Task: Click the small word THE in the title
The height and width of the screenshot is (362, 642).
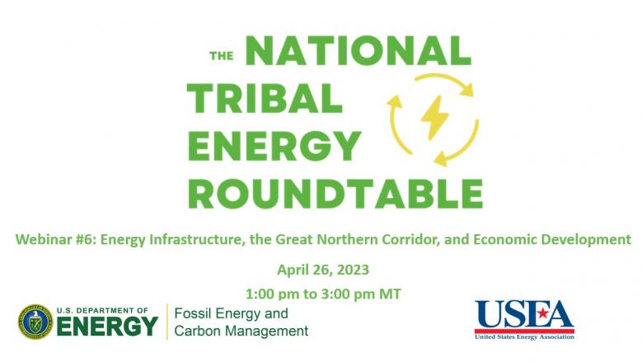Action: pos(222,56)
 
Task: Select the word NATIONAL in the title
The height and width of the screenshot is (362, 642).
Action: pos(358,51)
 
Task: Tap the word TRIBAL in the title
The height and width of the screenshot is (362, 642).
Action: pos(265,98)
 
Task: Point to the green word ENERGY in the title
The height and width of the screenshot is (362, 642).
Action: pos(274,145)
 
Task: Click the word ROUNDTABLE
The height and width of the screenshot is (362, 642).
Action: pos(335,194)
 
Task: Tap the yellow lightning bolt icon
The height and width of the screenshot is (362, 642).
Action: pos(434,117)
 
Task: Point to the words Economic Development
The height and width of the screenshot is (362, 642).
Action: pos(552,239)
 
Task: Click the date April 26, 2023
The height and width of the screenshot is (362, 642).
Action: pos(323,270)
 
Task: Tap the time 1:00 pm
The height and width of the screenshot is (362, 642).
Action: pos(272,294)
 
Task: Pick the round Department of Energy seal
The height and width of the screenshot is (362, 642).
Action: pos(35,322)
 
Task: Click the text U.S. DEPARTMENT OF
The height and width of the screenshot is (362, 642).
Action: pos(102,311)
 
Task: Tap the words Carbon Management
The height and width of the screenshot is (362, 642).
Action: pos(241,331)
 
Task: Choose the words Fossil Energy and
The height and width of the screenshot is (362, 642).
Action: pos(232,313)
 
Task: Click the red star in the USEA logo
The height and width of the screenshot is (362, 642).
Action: pos(543,313)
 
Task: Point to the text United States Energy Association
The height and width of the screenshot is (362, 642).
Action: pos(524,336)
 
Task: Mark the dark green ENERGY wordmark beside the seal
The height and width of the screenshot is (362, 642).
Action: pos(107,327)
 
